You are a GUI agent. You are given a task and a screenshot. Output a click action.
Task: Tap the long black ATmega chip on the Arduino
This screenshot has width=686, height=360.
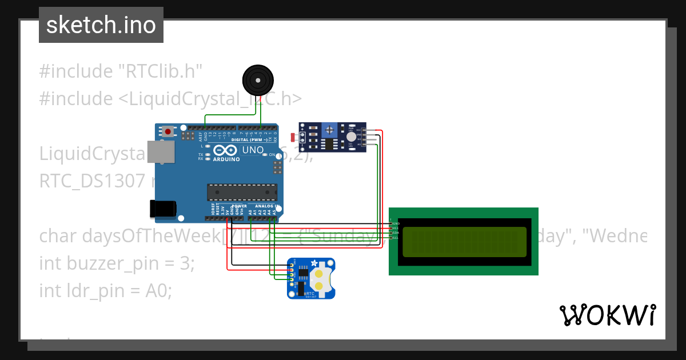point(242,192)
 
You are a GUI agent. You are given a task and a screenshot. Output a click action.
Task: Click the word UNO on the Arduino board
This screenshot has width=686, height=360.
point(252,150)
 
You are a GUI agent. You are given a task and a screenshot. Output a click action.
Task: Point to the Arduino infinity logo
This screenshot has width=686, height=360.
point(225,150)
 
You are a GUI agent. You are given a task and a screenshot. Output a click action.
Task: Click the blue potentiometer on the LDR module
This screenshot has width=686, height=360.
point(330,131)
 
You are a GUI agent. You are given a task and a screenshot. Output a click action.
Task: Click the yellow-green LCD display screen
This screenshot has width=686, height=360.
point(464,242)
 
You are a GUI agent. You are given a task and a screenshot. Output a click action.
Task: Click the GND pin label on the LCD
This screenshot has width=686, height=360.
point(395,223)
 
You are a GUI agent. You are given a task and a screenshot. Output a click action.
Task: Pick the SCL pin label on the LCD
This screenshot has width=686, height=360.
point(395,237)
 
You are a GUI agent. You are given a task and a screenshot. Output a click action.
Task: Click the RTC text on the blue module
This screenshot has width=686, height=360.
point(310,293)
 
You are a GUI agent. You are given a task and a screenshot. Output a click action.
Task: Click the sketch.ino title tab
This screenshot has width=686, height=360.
point(101,25)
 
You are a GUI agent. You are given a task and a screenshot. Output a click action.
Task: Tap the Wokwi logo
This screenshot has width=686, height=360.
point(607,315)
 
